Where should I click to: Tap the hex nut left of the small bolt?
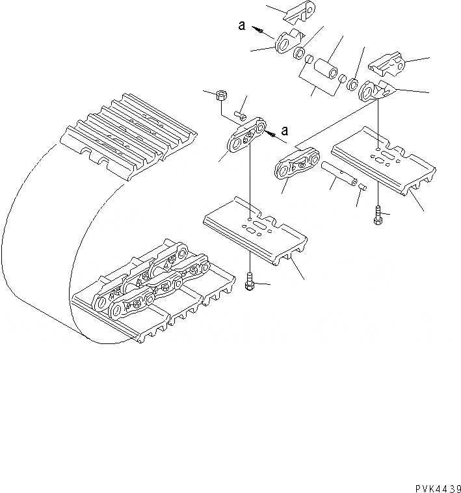[220, 96]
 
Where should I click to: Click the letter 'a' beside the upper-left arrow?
[242, 26]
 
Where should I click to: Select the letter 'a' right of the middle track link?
[284, 129]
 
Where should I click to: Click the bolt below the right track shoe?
[378, 216]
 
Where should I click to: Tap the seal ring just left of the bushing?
[300, 52]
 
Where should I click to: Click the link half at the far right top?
[388, 65]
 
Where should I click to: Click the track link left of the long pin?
[297, 163]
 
